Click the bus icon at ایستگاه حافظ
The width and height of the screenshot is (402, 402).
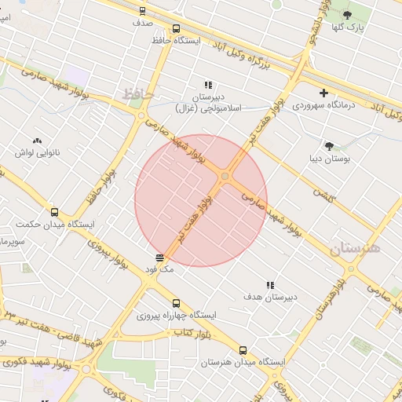143,11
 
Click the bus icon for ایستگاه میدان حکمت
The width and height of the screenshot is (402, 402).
54,212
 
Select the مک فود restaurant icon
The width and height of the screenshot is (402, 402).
160,257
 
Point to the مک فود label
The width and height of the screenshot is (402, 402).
159,269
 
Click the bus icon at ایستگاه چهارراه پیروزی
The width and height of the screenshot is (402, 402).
176,303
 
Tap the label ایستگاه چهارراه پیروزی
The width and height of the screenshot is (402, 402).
177,316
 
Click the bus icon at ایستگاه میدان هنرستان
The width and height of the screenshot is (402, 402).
242,351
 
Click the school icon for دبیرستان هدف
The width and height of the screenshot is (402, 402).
270,286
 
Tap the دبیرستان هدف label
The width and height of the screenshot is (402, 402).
270,298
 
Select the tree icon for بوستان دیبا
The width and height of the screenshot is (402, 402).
329,145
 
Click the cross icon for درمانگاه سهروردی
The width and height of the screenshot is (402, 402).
323,93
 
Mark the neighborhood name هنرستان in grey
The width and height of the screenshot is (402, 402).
354,249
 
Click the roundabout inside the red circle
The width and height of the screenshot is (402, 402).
226,177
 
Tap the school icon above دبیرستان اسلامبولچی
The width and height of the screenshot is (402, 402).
208,85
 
